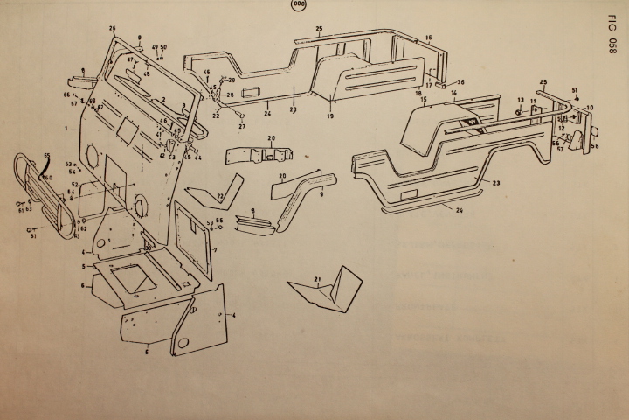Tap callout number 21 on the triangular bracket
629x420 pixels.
pos(317,277)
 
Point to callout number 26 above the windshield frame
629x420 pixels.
pos(112,28)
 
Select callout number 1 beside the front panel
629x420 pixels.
pos(66,128)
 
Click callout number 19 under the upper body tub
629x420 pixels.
pos(330,115)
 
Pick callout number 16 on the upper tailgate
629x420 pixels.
pos(429,38)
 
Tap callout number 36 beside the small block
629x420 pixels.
pos(460,82)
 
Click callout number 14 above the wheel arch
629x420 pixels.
pos(454,92)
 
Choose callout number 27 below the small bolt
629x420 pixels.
pos(242,126)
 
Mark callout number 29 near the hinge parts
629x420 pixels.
pos(232,80)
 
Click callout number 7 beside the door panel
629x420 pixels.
pos(214,249)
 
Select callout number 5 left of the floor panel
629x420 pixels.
pos(83,265)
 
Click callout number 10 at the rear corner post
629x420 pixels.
pos(590,108)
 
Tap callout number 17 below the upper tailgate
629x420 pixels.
pos(429,86)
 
